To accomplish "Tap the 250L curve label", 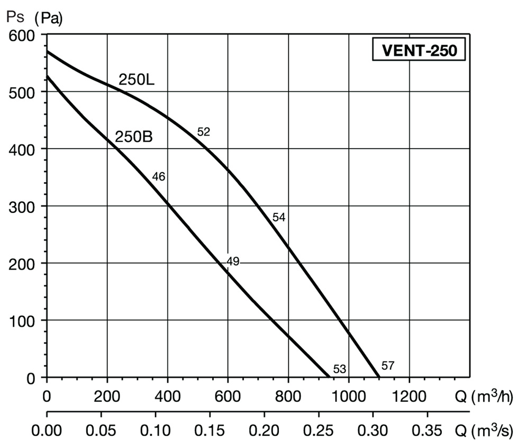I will point(135,80).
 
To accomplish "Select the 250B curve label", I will point(134,137).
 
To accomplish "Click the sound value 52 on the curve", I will point(203,132).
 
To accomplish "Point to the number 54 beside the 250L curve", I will point(279,217).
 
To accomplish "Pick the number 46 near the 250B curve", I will point(159,177).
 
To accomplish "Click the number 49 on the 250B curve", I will point(233,261).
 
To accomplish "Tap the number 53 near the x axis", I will point(339,369).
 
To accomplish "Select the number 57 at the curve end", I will point(388,365).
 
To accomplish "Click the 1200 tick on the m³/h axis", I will point(409,396).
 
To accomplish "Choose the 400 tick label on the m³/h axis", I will point(168,396).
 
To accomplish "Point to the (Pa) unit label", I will point(48,19).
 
